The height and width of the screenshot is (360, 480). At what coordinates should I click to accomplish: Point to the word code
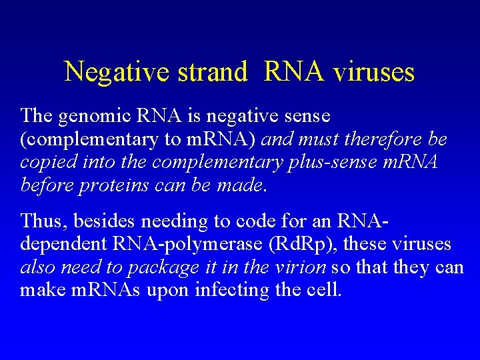(233, 220)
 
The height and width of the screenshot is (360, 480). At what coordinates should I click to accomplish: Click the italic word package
(157, 267)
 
